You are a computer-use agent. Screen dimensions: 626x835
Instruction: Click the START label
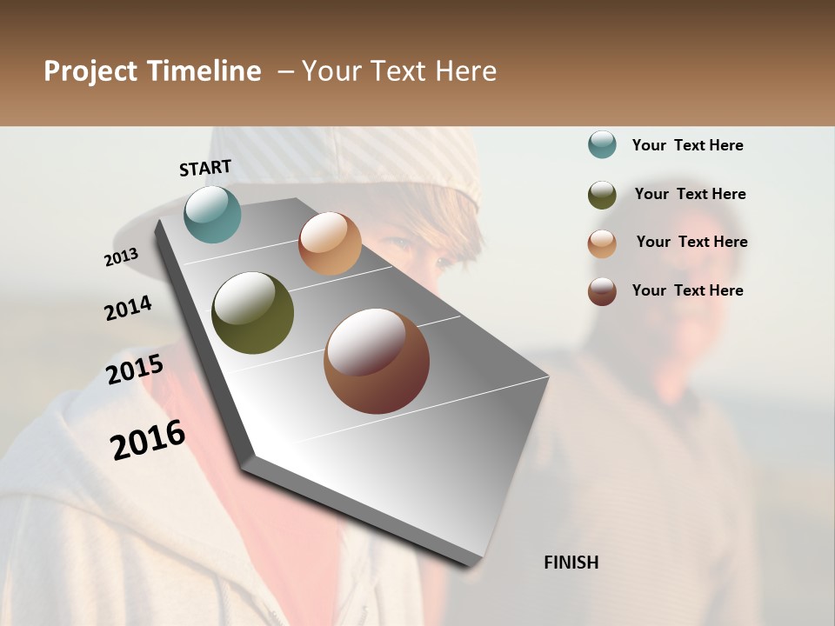(205, 168)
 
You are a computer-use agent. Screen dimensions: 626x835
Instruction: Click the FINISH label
(571, 563)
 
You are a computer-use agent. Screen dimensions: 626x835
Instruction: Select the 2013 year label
(121, 256)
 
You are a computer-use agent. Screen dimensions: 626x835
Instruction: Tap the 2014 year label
(128, 308)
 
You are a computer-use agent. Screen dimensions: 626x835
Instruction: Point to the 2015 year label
(135, 370)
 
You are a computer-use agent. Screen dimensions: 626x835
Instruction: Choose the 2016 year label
(148, 440)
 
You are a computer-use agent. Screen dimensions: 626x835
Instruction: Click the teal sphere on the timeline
(212, 214)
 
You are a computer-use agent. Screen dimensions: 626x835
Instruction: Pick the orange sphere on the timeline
(330, 243)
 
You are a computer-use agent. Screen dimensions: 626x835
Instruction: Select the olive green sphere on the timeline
(252, 313)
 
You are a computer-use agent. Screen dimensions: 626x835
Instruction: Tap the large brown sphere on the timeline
(377, 361)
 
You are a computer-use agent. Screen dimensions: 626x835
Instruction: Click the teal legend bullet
(602, 144)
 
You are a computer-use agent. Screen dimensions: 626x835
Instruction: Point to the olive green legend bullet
(602, 195)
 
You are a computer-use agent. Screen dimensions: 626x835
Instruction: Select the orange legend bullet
(602, 243)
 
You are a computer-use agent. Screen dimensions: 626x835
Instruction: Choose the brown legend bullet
(602, 291)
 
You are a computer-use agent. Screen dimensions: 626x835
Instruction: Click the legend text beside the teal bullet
(687, 145)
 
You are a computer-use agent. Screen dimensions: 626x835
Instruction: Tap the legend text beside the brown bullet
(687, 290)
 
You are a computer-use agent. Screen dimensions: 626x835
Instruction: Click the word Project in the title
(91, 71)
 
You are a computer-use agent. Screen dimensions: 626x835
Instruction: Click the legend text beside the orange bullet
(691, 242)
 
